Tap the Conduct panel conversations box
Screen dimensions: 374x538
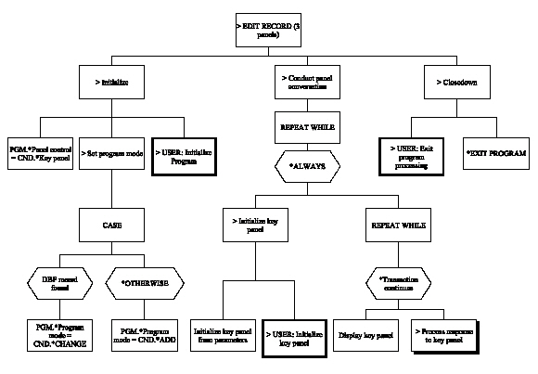[306, 84]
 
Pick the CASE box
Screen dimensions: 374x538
[112, 225]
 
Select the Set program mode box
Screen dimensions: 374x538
[112, 152]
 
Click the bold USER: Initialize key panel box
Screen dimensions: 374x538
[295, 335]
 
